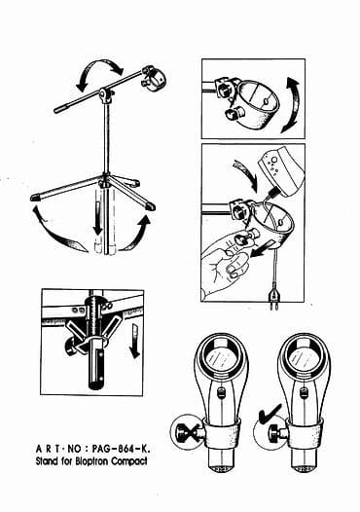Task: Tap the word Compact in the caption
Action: (136, 462)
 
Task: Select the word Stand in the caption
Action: (52, 462)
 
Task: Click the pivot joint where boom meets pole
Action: (105, 95)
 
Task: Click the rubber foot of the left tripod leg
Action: (36, 197)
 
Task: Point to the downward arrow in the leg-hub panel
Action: (132, 341)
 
